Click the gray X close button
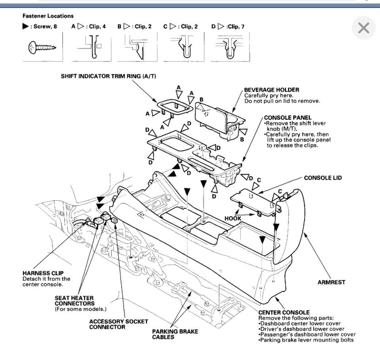(x=363, y=28)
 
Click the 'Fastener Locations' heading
(x=42, y=16)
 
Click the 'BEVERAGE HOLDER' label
(x=271, y=90)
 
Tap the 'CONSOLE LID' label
(x=322, y=178)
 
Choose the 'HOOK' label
(x=233, y=218)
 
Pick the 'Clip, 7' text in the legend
(x=229, y=27)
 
